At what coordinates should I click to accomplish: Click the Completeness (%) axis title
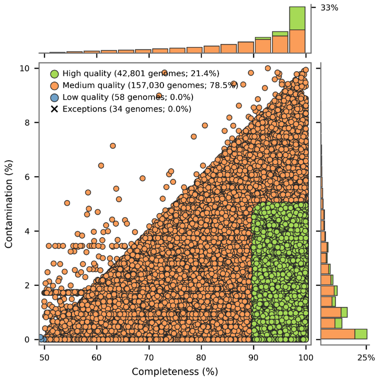tap(174, 371)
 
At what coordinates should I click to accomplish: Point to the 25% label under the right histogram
tap(366, 357)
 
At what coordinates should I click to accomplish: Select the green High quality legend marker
tap(54, 74)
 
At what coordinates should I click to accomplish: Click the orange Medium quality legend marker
tap(54, 85)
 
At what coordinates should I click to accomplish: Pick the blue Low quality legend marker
tap(54, 97)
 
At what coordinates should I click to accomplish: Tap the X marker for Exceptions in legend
tap(54, 109)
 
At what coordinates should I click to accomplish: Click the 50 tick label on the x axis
tap(44, 357)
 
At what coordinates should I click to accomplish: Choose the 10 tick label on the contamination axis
tap(29, 68)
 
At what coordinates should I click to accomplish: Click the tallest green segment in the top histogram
tap(297, 18)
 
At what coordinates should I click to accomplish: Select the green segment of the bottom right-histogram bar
tap(361, 334)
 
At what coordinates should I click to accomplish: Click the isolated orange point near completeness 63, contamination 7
tap(113, 146)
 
